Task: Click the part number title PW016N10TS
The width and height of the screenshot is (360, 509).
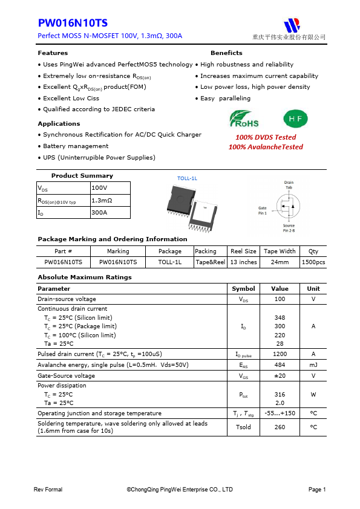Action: (73, 24)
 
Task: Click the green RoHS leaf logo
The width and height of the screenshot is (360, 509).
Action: (244, 118)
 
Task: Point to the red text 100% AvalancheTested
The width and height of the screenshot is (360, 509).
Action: (266, 147)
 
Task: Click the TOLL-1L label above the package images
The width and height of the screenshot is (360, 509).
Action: (187, 179)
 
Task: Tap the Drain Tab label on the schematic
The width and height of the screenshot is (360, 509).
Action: (289, 185)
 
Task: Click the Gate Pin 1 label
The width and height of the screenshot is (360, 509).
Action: (262, 210)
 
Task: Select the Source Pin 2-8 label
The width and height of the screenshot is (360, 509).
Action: (289, 228)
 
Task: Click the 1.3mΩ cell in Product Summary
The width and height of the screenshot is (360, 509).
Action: (102, 200)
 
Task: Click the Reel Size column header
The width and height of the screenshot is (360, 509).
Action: (243, 251)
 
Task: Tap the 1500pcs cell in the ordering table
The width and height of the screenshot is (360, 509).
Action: (313, 262)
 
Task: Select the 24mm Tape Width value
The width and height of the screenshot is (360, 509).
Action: (280, 262)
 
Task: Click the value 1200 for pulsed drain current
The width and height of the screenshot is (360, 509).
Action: (280, 354)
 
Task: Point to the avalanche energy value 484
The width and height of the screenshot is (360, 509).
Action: (280, 365)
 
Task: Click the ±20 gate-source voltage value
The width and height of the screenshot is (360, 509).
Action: (280, 375)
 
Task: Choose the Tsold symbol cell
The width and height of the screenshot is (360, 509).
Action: (243, 427)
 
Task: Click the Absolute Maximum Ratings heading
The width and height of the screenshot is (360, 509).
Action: (85, 277)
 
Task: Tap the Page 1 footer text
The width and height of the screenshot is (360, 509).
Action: (317, 490)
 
